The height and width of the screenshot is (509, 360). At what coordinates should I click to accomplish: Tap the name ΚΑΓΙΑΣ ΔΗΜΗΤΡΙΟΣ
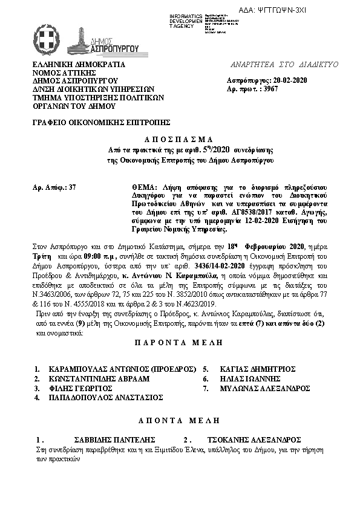pos(257,368)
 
